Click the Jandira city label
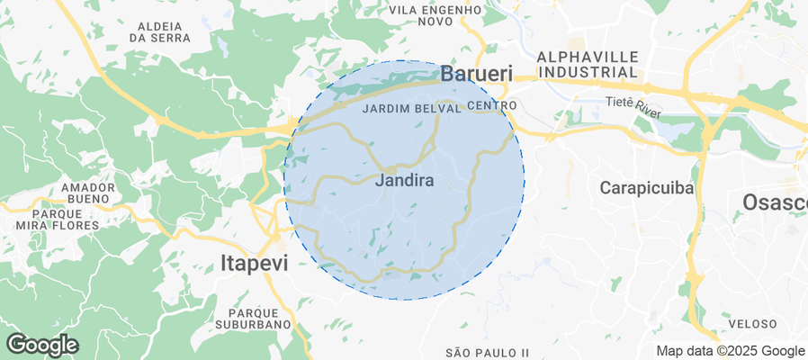coord(403,181)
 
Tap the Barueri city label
coord(476,74)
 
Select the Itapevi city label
coord(255,263)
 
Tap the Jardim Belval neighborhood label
coord(410,108)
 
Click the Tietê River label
coord(633,104)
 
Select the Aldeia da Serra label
coord(159,31)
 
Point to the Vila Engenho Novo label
coord(435,15)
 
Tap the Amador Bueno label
coord(88,193)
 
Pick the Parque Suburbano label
coord(254,318)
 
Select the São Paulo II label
coord(487,351)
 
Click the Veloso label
coord(752,323)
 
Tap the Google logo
coord(41,345)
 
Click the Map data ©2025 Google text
coord(730,351)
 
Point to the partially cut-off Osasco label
coord(775,202)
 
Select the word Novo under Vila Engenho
coord(435,22)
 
